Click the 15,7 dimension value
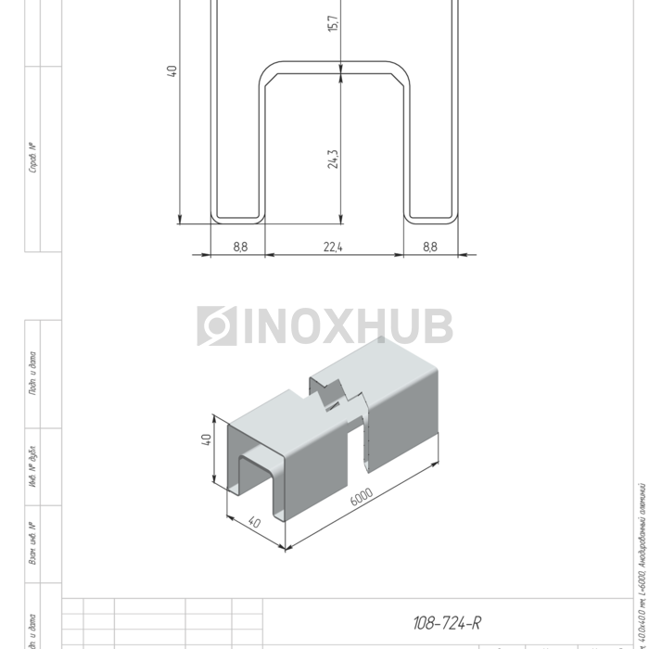[x=334, y=21]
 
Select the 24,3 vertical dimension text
[x=334, y=159]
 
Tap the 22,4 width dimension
[x=334, y=247]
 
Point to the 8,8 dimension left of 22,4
[x=240, y=247]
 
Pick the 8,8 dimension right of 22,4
[x=429, y=247]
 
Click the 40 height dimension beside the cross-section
[x=172, y=70]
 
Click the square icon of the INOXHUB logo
[x=217, y=326]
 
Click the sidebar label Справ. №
[x=33, y=158]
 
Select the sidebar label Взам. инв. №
[x=33, y=542]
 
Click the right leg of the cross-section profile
[x=431, y=139]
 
